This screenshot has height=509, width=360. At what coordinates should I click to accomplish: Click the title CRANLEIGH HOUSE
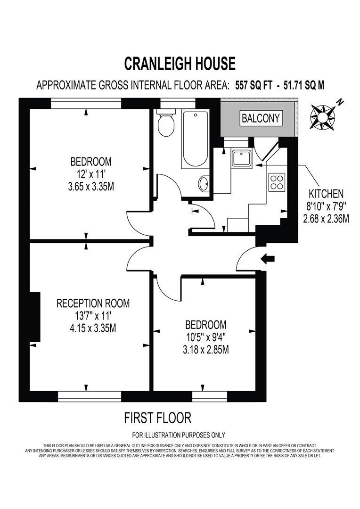[x=180, y=63]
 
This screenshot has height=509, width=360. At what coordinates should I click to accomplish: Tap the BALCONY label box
[x=261, y=118]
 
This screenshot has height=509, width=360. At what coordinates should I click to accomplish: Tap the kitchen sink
[x=244, y=157]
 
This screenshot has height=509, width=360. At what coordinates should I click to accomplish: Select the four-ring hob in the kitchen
[x=277, y=182]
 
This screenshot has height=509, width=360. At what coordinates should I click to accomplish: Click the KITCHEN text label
[x=326, y=193]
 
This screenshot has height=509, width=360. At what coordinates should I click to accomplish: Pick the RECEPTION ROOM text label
[x=93, y=303]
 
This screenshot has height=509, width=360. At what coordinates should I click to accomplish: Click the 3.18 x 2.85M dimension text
[x=205, y=349]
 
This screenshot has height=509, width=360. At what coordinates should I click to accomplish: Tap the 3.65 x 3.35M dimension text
[x=91, y=186]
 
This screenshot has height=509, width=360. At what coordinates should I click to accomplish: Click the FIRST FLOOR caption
[x=158, y=417]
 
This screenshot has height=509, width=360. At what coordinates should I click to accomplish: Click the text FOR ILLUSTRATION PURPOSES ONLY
[x=179, y=435]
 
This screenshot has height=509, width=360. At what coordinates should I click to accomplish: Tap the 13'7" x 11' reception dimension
[x=92, y=315]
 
